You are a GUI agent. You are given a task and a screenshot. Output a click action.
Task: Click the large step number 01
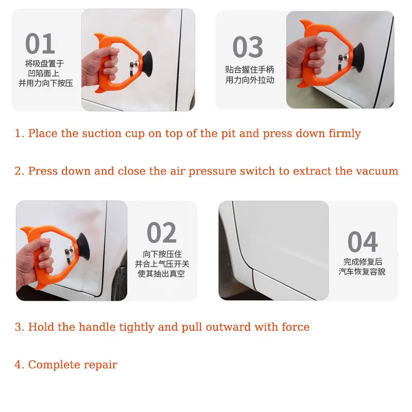coord(40,43)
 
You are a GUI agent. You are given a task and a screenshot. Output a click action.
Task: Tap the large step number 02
coord(162,232)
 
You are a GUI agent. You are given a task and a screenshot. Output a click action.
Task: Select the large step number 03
coord(248,47)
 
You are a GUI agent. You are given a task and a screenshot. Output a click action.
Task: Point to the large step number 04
coord(363,242)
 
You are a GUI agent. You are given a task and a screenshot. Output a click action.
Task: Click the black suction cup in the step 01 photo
coord(147,64)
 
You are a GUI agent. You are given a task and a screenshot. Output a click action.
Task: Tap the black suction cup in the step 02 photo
coord(83,247)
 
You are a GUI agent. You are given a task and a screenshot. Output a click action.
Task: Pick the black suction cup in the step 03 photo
coord(358,57)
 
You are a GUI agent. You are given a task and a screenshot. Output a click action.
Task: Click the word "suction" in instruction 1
coord(101,133)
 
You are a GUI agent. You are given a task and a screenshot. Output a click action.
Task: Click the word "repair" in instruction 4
coord(100,365)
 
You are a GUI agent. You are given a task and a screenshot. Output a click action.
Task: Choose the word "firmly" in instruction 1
coord(345,133)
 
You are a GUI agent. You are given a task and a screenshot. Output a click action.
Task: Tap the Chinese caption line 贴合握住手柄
coord(250,70)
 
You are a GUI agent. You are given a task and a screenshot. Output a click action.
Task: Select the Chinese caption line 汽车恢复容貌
coord(362,271)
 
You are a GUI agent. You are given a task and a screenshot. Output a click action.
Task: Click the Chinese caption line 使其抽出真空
coord(161,274)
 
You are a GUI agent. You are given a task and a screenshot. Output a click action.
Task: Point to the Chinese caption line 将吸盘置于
coord(44,63)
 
